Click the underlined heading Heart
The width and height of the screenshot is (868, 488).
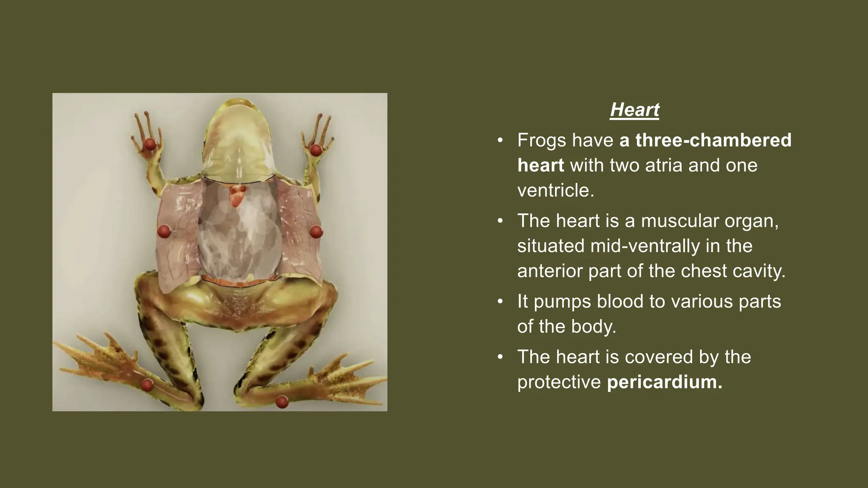pos(634,110)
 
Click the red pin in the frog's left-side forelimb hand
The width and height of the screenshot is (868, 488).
pos(149,144)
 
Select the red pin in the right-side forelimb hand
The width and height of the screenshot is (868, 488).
pos(316,150)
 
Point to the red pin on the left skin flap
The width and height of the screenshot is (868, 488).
pos(164,231)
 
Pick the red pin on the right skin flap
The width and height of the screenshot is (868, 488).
pos(316,232)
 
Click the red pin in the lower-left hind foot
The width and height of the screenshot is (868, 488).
pos(147,385)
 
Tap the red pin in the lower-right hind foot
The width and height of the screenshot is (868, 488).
pos(282,401)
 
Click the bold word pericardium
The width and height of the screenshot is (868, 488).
pos(664,382)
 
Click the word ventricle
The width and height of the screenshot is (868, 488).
pos(555,190)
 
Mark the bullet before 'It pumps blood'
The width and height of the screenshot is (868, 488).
pos(500,302)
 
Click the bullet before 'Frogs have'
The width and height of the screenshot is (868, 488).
pos(500,140)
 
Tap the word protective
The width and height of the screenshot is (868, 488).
pos(559,382)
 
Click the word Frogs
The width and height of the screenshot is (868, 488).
pos(542,140)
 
